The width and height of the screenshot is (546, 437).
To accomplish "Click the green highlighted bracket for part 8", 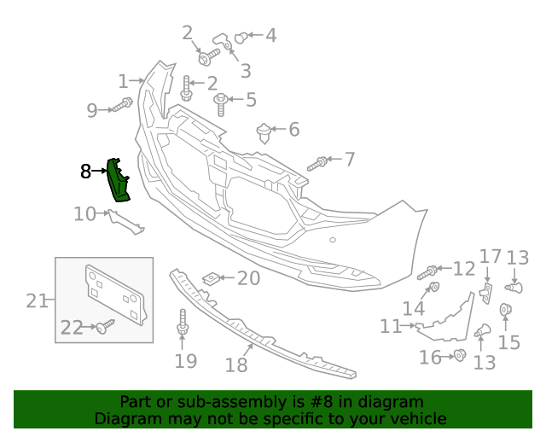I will pos(117,181).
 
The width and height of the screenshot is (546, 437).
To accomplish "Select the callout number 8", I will pos(85,172).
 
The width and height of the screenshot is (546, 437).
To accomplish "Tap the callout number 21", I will pos(37,300).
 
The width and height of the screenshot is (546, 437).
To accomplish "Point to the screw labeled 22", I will pos(106,326).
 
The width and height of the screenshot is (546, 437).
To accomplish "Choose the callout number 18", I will pos(236,364).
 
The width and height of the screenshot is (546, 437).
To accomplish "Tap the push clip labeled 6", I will pos(264,132).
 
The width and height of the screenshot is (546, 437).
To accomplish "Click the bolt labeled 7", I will pos(317,162).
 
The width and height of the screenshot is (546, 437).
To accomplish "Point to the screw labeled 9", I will pos(123,106).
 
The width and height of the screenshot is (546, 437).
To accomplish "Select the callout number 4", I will pos(270,36).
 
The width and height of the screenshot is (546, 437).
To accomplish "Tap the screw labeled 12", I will pos(429,272).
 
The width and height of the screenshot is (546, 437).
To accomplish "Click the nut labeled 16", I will pos(458,355).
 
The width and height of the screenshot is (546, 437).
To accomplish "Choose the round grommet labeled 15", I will pos(504,310).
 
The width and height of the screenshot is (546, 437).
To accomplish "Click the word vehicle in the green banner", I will pos(418,419).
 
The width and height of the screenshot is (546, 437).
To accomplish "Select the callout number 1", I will pos(123,82).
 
